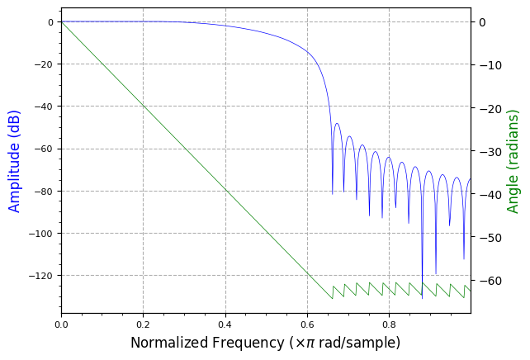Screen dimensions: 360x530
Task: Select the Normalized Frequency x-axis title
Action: click(x=265, y=342)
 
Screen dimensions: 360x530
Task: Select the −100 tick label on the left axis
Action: click(x=40, y=234)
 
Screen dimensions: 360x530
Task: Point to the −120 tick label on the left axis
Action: click(x=40, y=276)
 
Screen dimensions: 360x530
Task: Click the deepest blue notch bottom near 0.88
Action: click(x=422, y=296)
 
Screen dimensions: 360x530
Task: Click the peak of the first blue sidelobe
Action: click(x=337, y=123)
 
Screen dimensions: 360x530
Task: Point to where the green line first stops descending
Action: click(x=332, y=299)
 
